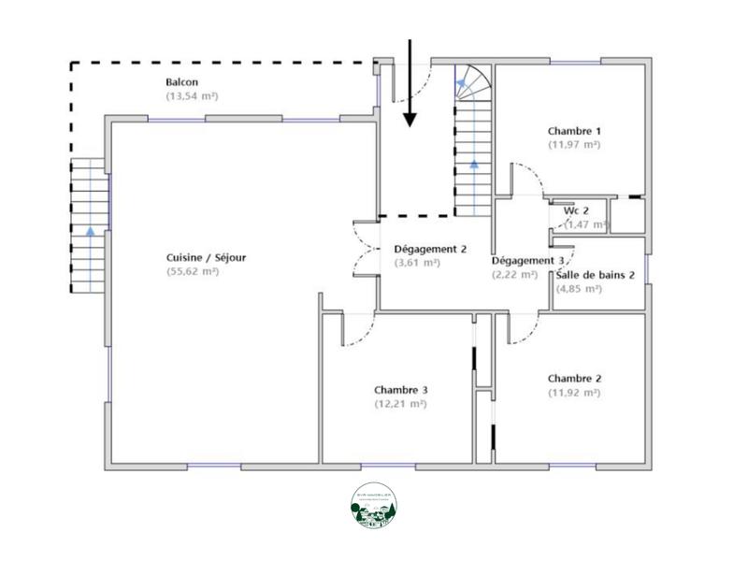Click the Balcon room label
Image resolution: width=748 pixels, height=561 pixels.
click(x=181, y=82)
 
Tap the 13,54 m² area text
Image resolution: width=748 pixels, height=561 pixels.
click(x=192, y=96)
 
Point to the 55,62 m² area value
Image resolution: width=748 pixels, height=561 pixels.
click(x=192, y=271)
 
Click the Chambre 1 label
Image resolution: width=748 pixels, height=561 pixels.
click(x=574, y=131)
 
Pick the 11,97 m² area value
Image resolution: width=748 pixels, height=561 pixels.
click(x=574, y=145)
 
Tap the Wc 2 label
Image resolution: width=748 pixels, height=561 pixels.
click(x=576, y=210)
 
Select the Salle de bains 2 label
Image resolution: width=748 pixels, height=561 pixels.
click(x=596, y=275)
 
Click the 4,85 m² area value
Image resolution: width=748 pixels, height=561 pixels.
click(x=580, y=289)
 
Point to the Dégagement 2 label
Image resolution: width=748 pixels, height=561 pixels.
click(x=430, y=249)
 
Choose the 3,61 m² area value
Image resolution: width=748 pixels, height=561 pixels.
click(x=417, y=263)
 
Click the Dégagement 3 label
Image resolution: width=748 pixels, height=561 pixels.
click(x=527, y=260)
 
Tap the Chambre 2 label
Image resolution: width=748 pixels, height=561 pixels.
click(x=574, y=378)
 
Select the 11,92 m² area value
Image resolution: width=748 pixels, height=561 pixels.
click(x=574, y=393)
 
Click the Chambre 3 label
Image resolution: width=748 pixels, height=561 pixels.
click(x=401, y=390)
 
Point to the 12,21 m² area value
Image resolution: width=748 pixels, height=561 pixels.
click(x=400, y=404)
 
